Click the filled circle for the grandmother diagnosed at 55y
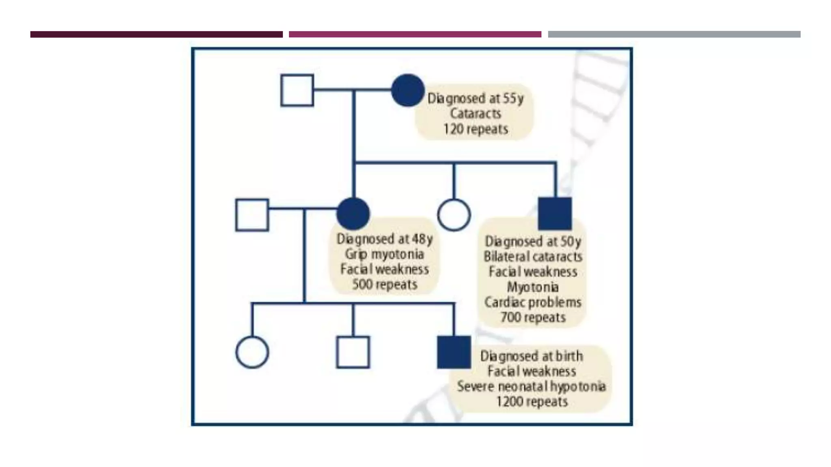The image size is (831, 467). pyautogui.click(x=408, y=90)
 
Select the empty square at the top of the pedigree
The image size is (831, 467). pyautogui.click(x=297, y=90)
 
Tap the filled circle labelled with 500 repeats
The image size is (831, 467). pyautogui.click(x=353, y=214)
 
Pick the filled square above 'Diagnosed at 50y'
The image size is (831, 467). pyautogui.click(x=555, y=214)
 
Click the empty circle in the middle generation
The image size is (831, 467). pyautogui.click(x=454, y=215)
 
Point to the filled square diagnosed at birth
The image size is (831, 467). pyautogui.click(x=454, y=352)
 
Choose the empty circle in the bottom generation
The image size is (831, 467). pyautogui.click(x=252, y=352)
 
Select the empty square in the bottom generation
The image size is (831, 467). pyautogui.click(x=353, y=352)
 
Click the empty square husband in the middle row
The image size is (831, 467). pyautogui.click(x=252, y=215)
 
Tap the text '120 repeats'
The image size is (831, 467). pyautogui.click(x=476, y=129)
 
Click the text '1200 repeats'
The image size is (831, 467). pyautogui.click(x=532, y=402)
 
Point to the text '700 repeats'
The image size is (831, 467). pyautogui.click(x=533, y=317)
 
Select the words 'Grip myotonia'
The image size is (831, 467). pyautogui.click(x=384, y=254)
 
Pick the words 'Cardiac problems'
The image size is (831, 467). pyautogui.click(x=533, y=302)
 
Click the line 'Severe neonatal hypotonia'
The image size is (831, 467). pyautogui.click(x=531, y=386)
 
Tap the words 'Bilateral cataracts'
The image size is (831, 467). pyautogui.click(x=533, y=257)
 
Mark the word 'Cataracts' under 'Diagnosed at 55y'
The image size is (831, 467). pyautogui.click(x=476, y=114)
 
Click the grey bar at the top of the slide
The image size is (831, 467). pyautogui.click(x=674, y=34)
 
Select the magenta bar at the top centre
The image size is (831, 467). pyautogui.click(x=415, y=34)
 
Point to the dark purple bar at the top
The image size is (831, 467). pyautogui.click(x=156, y=34)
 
